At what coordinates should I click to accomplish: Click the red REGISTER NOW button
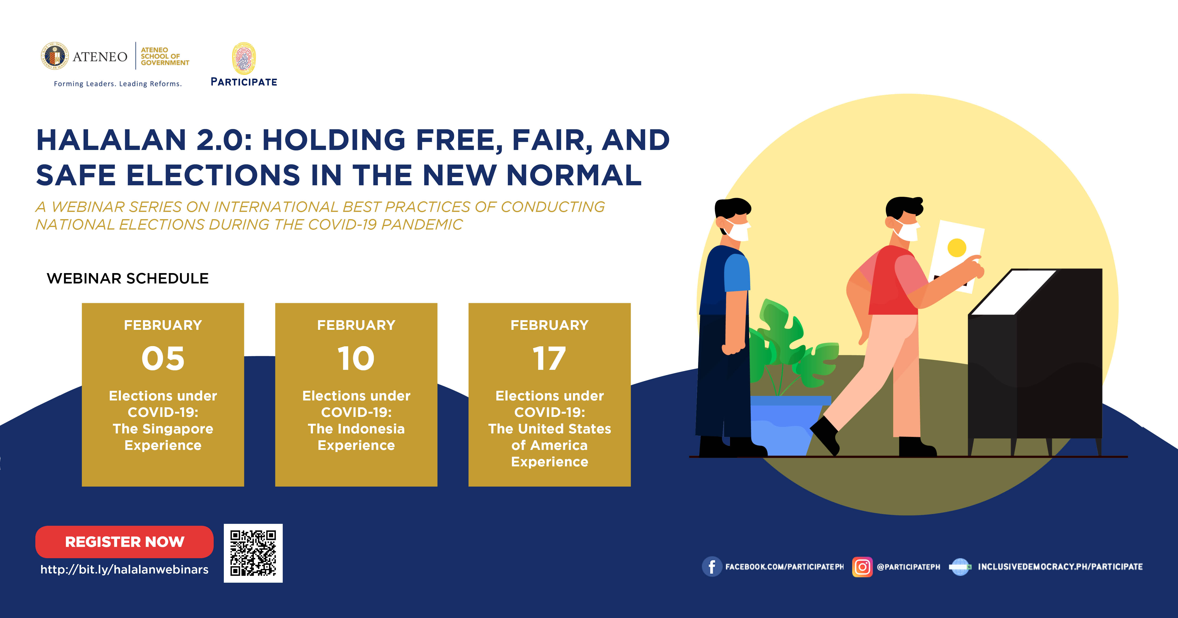[x=124, y=542]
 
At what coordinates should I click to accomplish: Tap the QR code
[x=253, y=553]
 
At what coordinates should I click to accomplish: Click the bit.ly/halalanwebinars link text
[x=124, y=570]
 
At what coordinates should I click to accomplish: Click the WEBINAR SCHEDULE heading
[x=128, y=278]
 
